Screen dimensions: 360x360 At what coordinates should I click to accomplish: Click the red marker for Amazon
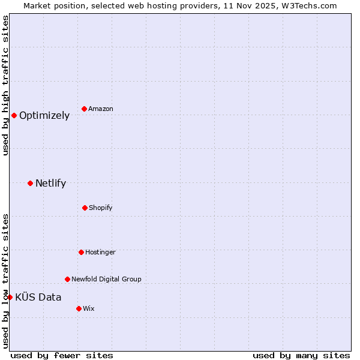click(84, 109)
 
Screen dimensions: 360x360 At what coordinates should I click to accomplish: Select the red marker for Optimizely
click(14, 115)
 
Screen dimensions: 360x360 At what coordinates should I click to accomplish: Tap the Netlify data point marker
click(30, 183)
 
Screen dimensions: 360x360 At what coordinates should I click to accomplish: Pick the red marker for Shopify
click(85, 208)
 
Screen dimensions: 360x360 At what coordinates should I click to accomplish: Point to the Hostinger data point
click(81, 252)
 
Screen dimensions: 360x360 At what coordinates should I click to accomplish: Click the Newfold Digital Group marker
click(67, 279)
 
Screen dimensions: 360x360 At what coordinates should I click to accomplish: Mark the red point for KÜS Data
click(10, 297)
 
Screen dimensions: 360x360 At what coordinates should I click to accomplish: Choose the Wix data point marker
click(79, 308)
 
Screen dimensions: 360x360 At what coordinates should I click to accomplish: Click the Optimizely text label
click(44, 116)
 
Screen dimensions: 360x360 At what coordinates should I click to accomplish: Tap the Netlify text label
click(50, 184)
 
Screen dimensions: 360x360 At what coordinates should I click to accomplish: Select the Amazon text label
click(101, 109)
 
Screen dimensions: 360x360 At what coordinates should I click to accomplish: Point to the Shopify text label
click(101, 208)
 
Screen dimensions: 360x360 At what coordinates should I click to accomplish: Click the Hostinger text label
click(100, 253)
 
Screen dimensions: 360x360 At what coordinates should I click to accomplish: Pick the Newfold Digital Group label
click(106, 280)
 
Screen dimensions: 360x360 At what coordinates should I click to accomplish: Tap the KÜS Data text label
click(38, 297)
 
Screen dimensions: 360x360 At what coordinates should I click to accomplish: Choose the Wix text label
click(88, 309)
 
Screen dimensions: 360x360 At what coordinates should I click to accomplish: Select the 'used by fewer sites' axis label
click(62, 356)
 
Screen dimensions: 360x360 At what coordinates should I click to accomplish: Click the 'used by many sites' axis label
click(301, 356)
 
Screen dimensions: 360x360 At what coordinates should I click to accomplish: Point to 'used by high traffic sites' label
click(5, 85)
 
